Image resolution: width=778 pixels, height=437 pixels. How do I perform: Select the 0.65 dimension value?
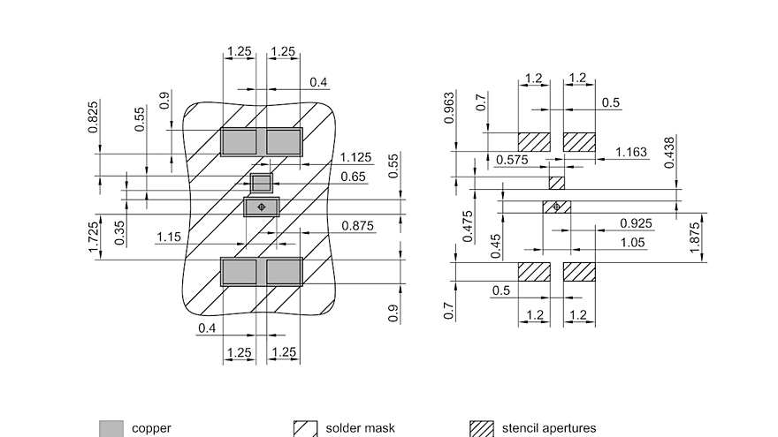pyautogui.click(x=353, y=177)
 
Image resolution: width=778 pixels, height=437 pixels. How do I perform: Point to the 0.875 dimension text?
pyautogui.click(x=358, y=227)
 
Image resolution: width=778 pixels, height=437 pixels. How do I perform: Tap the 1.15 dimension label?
pyautogui.click(x=169, y=237)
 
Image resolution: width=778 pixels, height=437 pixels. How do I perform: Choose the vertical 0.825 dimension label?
pyautogui.click(x=94, y=117)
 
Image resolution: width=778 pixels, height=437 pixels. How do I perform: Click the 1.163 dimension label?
pyautogui.click(x=630, y=153)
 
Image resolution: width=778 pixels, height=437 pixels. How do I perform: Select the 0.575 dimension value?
pyautogui.click(x=512, y=160)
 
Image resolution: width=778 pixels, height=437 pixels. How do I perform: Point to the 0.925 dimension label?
pyautogui.click(x=637, y=223)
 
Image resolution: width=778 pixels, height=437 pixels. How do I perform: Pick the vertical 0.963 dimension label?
pyautogui.click(x=450, y=107)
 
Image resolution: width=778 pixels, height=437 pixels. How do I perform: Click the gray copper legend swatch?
pyautogui.click(x=111, y=428)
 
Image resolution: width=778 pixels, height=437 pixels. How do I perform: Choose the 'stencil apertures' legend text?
pyautogui.click(x=549, y=428)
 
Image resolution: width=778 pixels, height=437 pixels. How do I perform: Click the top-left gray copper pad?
pyautogui.click(x=238, y=141)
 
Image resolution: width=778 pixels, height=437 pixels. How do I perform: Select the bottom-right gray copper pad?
pyautogui.click(x=284, y=272)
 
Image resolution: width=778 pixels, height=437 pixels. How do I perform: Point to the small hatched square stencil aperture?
pyautogui.click(x=557, y=183)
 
